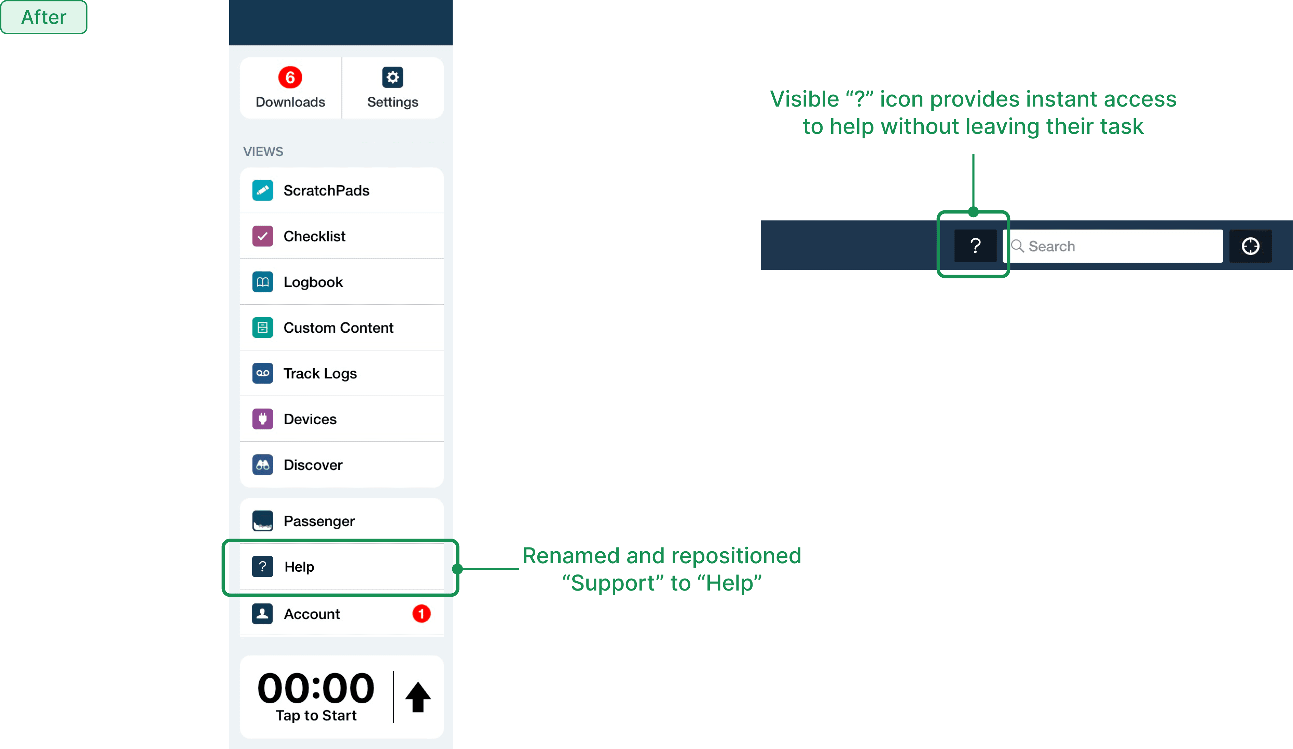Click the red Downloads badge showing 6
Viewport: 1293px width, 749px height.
tap(290, 78)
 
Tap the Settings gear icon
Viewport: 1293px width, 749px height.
tap(393, 78)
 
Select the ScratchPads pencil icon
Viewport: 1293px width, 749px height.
tap(263, 190)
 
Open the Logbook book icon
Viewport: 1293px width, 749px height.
tap(263, 282)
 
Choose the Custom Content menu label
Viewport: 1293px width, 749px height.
tap(338, 328)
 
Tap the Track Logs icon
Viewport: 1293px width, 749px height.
tap(263, 373)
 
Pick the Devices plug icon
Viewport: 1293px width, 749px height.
tap(263, 419)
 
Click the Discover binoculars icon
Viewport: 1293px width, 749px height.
tap(263, 465)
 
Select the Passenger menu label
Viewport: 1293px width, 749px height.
tap(319, 521)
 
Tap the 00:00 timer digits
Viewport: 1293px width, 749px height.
tap(316, 689)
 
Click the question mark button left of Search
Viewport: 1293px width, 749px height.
tap(975, 246)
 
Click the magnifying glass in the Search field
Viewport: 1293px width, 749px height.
tap(1017, 246)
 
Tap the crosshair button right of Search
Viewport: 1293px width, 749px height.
tap(1250, 246)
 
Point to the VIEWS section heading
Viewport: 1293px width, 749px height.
tap(263, 152)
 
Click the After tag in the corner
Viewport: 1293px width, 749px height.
tap(44, 17)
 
